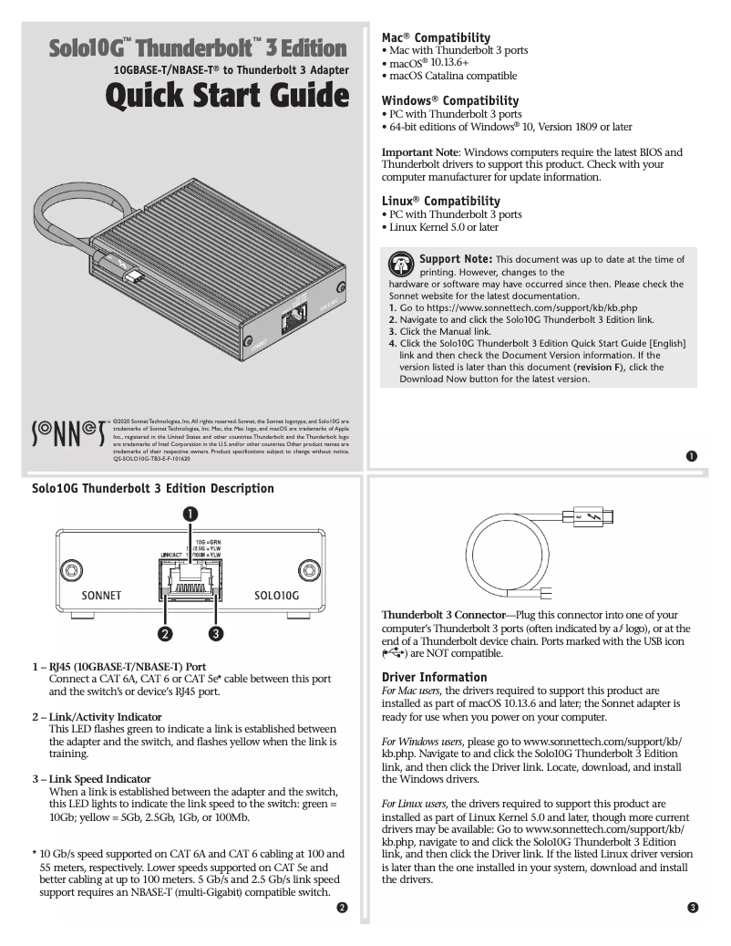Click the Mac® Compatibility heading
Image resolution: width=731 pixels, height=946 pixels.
coord(436,36)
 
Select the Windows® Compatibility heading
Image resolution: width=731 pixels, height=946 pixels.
coord(449,100)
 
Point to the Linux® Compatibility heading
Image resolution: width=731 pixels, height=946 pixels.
coord(440,201)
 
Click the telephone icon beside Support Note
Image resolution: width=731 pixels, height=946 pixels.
coord(401,265)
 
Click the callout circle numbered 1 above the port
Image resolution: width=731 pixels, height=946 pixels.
coord(190,514)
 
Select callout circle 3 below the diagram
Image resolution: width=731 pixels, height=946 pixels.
coord(216,632)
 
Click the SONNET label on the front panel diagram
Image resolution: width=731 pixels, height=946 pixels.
coord(101,595)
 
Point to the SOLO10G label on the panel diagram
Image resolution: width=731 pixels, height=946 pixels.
coord(277,595)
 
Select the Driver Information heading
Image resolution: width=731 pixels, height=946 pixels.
coord(435,677)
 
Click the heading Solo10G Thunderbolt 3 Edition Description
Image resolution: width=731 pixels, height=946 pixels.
coord(152,488)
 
